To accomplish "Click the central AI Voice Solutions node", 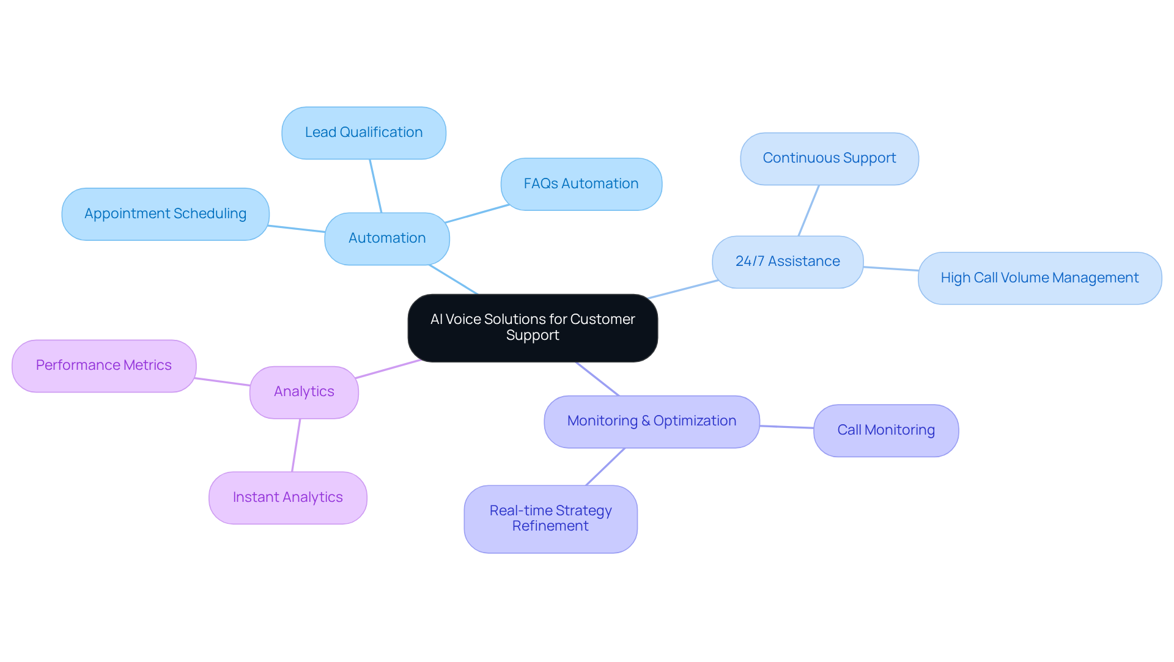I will [x=533, y=328].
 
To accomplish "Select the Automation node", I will [x=387, y=238].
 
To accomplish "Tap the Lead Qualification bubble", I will [x=364, y=133].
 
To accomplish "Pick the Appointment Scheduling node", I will [x=165, y=214].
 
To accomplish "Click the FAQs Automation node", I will [x=581, y=184].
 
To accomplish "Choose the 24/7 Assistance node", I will [x=788, y=262].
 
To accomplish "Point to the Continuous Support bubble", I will [x=829, y=158].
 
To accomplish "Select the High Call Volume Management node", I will [x=1039, y=278].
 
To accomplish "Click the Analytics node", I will [x=304, y=392].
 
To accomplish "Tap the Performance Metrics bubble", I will [x=104, y=366].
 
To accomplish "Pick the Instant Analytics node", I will [x=287, y=498].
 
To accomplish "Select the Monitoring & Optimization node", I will [x=652, y=421].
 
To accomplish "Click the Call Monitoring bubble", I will [x=886, y=430].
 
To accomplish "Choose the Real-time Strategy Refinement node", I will [x=550, y=518].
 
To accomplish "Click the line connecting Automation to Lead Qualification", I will [x=375, y=186].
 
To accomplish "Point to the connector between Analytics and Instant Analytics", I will [x=296, y=445].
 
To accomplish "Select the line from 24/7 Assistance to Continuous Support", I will [x=808, y=210].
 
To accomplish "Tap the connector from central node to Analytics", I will [x=388, y=369].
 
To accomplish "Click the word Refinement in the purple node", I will [x=550, y=526].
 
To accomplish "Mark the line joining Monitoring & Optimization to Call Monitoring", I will [x=786, y=427].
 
